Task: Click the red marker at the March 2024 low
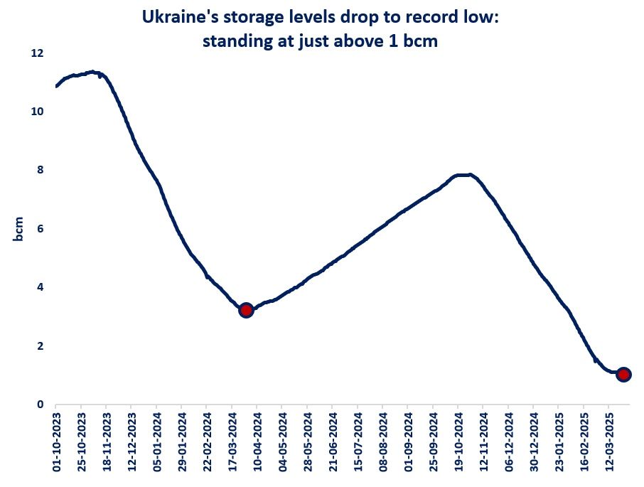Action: (x=246, y=310)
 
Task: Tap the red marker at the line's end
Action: (x=623, y=375)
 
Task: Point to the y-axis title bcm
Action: (x=19, y=229)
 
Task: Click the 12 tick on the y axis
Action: (x=38, y=53)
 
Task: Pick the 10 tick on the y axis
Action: (x=38, y=112)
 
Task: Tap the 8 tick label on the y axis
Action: (x=41, y=171)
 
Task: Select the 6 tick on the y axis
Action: (x=41, y=229)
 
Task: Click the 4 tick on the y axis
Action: (x=41, y=287)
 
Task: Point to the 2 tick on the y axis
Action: (x=41, y=346)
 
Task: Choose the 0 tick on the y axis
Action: (x=41, y=405)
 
